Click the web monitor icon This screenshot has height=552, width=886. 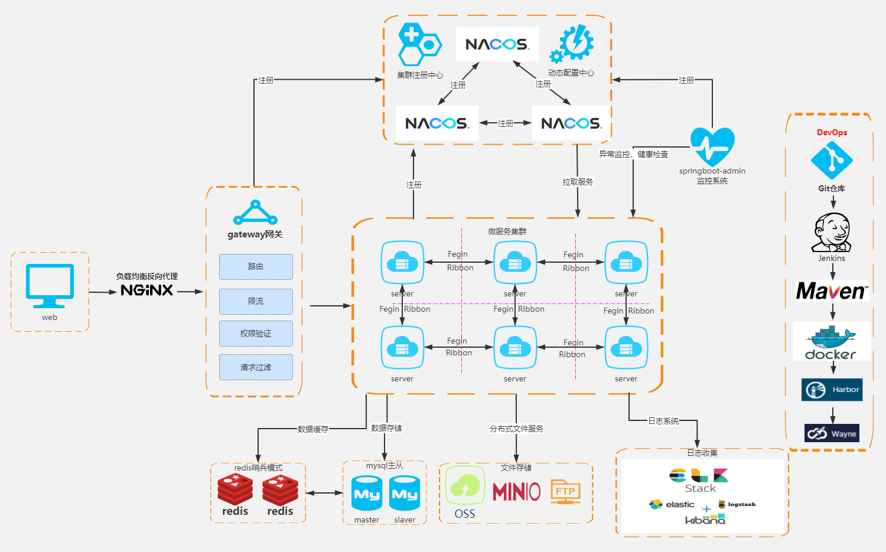tap(50, 285)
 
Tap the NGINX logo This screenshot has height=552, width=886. tap(146, 290)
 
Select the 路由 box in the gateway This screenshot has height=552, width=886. tap(256, 267)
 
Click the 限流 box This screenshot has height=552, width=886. tap(256, 301)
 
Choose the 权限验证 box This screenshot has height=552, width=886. tap(256, 334)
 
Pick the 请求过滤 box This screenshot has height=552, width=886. tap(256, 367)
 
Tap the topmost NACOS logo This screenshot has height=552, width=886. tap(497, 44)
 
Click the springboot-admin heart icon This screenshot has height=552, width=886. tap(712, 146)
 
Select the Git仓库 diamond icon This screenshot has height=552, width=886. tap(832, 159)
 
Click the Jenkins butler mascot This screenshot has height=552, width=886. tap(832, 233)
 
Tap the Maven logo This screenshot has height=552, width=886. tap(832, 291)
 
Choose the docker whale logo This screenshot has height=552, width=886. tap(831, 342)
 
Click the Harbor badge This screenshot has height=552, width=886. tap(832, 390)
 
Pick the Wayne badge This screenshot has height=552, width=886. tap(832, 433)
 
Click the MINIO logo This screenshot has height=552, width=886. tap(516, 491)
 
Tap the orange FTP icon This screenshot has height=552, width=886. tap(565, 491)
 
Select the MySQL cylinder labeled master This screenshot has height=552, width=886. tap(367, 494)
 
